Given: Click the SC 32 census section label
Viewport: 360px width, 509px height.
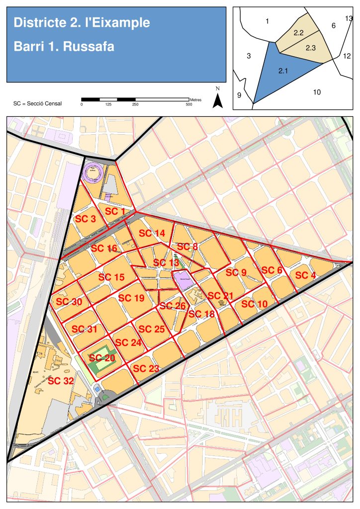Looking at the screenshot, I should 61,381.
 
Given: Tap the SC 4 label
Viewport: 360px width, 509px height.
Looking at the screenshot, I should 305,275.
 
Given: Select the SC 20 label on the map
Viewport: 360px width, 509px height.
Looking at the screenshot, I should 102,358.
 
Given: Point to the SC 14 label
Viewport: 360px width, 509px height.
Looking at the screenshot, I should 152,233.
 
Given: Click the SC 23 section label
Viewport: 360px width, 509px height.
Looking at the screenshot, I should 146,368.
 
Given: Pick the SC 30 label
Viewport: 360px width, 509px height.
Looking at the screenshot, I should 69,302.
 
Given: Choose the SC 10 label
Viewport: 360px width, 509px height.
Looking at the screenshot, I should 255,304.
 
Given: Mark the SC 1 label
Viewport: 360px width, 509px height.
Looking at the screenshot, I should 116,211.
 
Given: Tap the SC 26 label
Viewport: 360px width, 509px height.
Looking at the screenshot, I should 173,305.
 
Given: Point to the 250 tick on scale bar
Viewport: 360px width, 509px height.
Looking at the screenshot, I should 135,104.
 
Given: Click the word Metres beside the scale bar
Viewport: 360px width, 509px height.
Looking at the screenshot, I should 195,100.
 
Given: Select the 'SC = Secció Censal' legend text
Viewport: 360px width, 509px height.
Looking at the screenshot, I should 37,104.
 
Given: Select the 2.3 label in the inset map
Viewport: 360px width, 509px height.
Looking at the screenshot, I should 311,48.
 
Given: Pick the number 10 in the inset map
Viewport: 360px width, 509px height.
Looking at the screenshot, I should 317,91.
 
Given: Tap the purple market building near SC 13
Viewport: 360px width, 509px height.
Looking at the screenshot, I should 182,280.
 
